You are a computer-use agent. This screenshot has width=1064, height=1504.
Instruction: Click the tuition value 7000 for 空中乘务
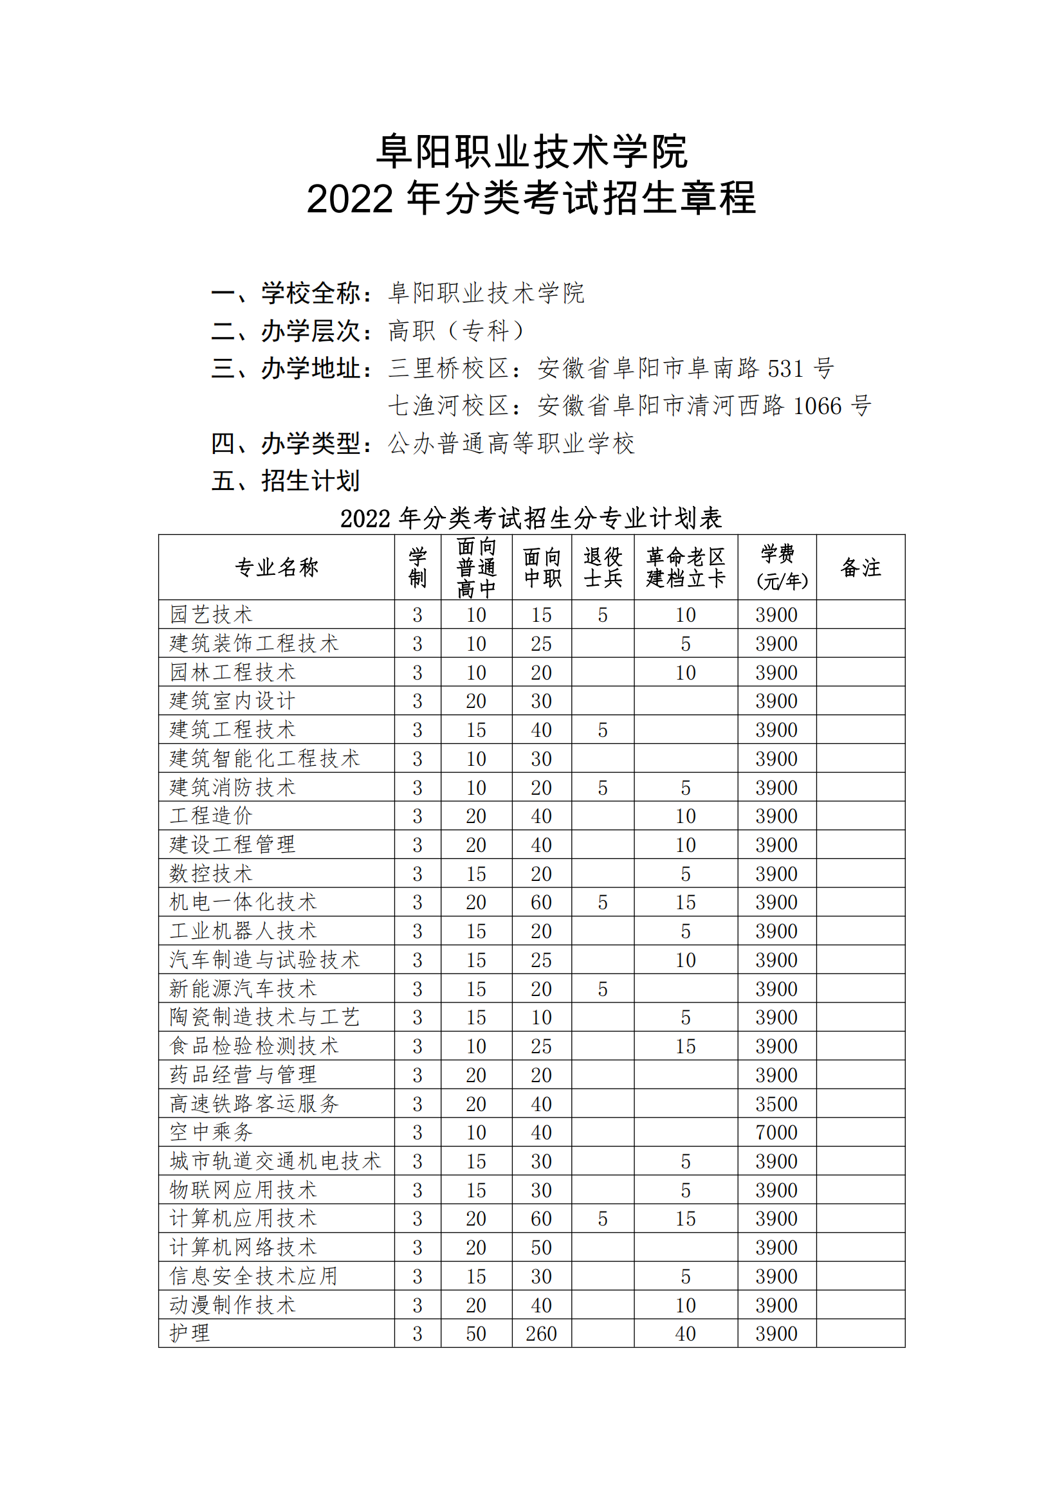(x=776, y=1132)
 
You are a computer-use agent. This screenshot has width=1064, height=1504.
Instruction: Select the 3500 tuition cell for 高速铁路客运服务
(x=776, y=1104)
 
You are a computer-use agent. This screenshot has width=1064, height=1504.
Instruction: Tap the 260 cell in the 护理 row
(x=541, y=1334)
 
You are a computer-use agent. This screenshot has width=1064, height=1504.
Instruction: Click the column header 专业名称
(x=277, y=567)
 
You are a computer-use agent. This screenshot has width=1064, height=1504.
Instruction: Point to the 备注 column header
(x=860, y=567)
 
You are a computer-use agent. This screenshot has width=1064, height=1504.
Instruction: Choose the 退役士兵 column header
(x=603, y=567)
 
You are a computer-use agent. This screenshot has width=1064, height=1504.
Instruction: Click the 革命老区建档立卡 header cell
(x=685, y=567)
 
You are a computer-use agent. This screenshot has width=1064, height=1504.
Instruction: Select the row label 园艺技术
(x=211, y=615)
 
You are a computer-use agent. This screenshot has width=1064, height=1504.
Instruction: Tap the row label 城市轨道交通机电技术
(x=275, y=1161)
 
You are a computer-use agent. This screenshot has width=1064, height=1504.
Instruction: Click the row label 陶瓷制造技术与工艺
(x=264, y=1017)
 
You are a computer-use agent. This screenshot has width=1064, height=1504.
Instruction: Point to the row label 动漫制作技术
(x=233, y=1305)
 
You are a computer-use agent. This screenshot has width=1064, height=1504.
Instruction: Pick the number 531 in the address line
(x=785, y=369)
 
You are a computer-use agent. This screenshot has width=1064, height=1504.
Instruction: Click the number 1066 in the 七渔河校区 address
(x=817, y=406)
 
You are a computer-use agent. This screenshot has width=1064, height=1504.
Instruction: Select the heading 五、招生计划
(x=285, y=481)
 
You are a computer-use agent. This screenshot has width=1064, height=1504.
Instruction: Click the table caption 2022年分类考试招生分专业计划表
(x=531, y=518)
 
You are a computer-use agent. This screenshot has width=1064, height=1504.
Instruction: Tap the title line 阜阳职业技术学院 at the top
(x=531, y=151)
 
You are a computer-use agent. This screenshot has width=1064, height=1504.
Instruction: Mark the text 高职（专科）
(x=457, y=331)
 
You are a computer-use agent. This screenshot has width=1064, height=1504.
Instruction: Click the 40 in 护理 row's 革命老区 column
(x=685, y=1334)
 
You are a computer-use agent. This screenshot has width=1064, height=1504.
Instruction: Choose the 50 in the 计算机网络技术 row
(x=541, y=1248)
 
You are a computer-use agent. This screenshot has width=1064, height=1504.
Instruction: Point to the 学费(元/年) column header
(x=777, y=567)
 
